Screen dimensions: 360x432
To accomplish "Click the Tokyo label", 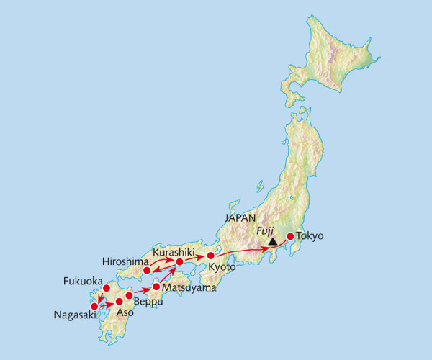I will tap(310, 235).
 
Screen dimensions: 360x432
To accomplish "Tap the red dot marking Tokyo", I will tap(290, 236).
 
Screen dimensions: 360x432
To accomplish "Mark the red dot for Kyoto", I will tap(211, 256).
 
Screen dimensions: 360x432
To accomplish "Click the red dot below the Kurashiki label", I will tap(179, 262).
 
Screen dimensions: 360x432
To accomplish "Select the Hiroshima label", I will tap(125, 260).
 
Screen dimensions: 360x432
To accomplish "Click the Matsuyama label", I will tap(189, 287).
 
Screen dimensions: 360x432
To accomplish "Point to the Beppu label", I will tap(150, 302).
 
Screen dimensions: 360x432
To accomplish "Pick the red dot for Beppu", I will tap(129, 295).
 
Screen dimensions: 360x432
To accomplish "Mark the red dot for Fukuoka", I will tap(107, 289).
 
